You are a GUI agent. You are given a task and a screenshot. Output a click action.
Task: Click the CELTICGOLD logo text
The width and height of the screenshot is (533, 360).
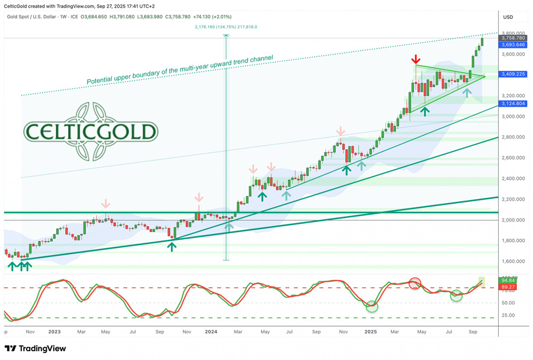[x=91, y=131]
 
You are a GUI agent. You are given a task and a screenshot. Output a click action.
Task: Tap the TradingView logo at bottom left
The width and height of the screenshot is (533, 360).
[x=35, y=349]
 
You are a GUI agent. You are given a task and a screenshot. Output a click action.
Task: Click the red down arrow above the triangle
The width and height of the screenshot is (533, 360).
[x=416, y=59]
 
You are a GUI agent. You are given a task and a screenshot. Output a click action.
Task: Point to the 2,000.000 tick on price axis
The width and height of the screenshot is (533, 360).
[x=513, y=220]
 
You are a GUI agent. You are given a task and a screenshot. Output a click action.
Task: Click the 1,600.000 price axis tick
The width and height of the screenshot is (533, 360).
[x=513, y=261]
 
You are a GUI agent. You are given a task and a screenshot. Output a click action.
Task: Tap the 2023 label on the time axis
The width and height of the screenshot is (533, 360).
[x=55, y=332]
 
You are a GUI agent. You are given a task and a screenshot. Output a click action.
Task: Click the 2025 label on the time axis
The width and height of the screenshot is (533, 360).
[x=371, y=332]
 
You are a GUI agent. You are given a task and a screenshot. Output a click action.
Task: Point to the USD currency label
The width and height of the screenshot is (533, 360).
[x=508, y=17]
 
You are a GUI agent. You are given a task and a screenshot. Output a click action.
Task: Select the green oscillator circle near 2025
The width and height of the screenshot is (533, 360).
[x=372, y=306]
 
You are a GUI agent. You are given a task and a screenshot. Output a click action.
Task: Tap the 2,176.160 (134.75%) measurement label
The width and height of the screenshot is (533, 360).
[x=226, y=27]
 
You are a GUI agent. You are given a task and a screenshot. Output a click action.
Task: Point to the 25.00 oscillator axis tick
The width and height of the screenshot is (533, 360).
[x=508, y=315]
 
